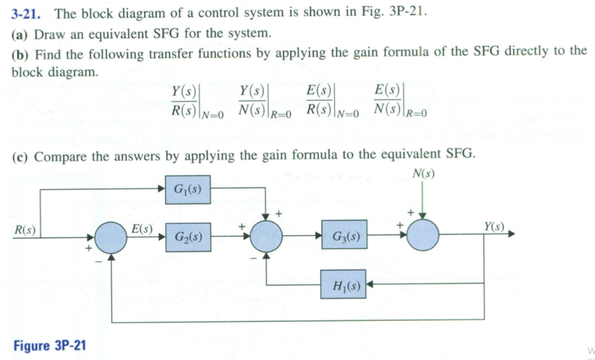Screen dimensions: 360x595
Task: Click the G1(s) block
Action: click(187, 189)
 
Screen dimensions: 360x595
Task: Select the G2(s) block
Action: click(188, 237)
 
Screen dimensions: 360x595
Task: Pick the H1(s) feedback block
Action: click(343, 284)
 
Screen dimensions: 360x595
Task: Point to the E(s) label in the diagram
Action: click(142, 229)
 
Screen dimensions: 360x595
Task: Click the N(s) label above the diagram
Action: click(423, 174)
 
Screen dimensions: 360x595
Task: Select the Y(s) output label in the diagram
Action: click(494, 226)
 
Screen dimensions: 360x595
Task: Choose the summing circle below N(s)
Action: click(422, 235)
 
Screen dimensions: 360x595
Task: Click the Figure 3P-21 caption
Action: click(50, 345)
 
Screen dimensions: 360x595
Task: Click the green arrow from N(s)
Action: click(422, 200)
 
